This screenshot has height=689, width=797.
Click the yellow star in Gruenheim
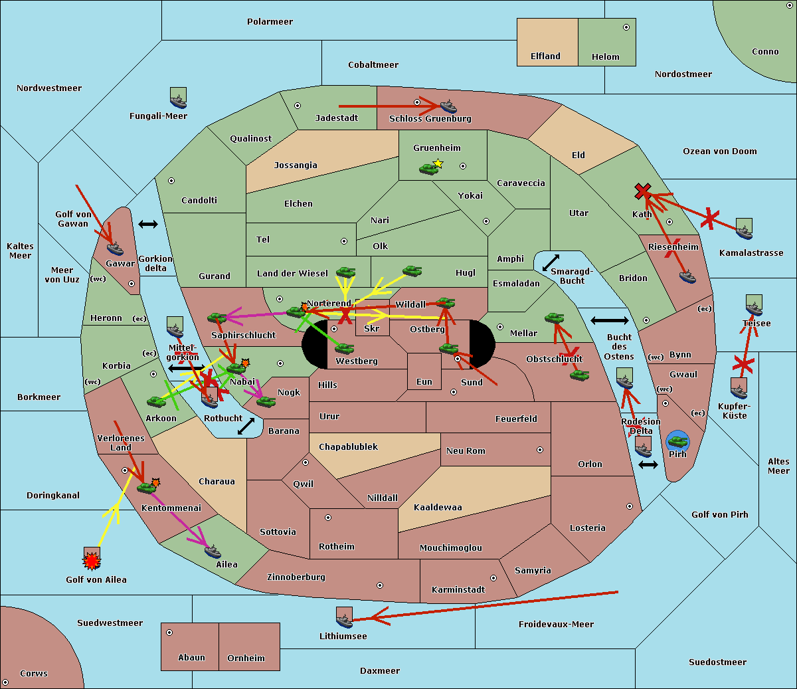coord(438,163)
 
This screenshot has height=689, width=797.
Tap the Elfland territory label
coord(545,56)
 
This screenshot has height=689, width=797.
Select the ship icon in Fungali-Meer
coord(178,98)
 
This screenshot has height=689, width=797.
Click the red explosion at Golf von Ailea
coord(92,561)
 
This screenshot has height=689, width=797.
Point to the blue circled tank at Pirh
coord(677,440)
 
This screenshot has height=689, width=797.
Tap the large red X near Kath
coord(642,192)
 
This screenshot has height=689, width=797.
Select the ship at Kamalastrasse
coord(744,230)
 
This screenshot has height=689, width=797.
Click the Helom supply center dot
coord(626,27)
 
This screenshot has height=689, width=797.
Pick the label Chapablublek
coord(348,447)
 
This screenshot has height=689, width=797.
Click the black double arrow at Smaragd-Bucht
coord(551,263)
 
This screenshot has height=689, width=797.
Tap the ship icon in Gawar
coord(116,248)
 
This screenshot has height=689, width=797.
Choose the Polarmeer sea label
coord(270,22)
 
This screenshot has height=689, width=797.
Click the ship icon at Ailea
coord(213,551)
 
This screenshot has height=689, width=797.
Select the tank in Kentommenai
coord(146,488)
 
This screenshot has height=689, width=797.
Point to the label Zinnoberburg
coord(296,577)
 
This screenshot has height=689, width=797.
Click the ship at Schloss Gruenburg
coord(449,106)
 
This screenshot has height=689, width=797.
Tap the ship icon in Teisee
coord(754,307)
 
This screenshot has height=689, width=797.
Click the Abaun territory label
coord(191,658)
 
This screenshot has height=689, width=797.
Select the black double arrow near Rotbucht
coord(246,426)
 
